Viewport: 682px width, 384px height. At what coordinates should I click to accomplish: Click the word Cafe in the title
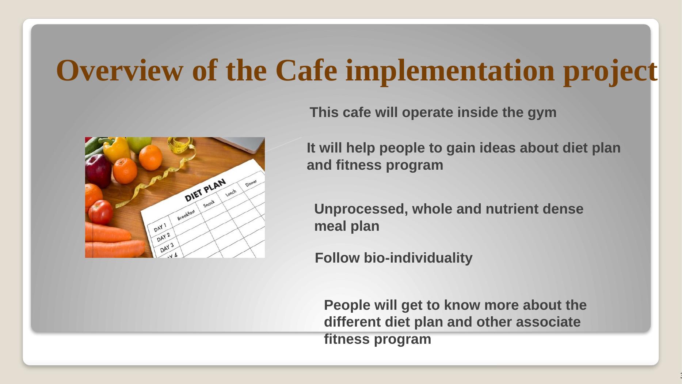306,70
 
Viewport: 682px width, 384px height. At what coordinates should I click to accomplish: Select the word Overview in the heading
119,70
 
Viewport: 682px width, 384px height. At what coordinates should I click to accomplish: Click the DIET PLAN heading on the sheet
205,190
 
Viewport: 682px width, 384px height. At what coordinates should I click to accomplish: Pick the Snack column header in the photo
209,204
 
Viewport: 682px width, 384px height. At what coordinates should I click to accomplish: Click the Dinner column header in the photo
251,183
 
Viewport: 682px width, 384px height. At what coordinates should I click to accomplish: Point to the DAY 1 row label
160,227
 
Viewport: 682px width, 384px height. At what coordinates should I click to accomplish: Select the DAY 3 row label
166,248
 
